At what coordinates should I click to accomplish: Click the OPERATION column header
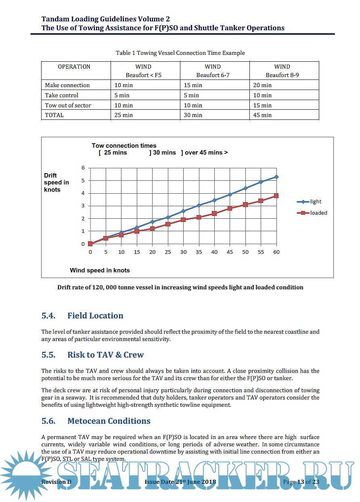tap(74, 67)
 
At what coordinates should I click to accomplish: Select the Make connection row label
tap(67, 85)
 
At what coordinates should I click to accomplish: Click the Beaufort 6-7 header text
tap(213, 75)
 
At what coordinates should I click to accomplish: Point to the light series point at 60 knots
tap(276, 177)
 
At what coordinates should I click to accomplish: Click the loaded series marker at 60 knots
tap(276, 196)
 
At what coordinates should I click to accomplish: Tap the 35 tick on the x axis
tap(199, 252)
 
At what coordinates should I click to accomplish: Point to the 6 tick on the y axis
tap(83, 168)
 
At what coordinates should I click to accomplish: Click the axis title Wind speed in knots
tap(100, 270)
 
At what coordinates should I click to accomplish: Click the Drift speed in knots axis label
tap(57, 182)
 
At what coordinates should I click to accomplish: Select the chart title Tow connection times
tap(124, 146)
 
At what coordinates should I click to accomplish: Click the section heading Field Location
tap(95, 316)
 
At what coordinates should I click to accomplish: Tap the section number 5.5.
tap(48, 355)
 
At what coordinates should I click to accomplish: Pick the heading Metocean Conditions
tap(109, 421)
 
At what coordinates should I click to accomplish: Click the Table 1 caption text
tap(180, 53)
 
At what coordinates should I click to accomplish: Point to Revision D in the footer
tap(56, 482)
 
